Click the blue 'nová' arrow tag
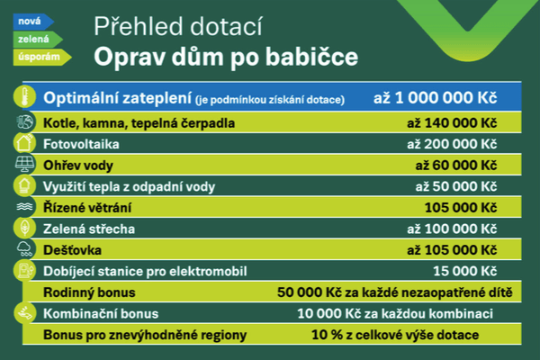pyautogui.click(x=33, y=22)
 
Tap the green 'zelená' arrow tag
pyautogui.click(x=38, y=40)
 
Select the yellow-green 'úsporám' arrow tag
pyautogui.click(x=42, y=57)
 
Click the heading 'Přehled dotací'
pyautogui.click(x=178, y=26)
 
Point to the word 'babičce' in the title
pyautogui.click(x=311, y=57)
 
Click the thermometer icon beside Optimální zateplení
pyautogui.click(x=24, y=97)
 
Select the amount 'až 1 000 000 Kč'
pyautogui.click(x=436, y=98)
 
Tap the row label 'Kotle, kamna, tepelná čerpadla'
pyautogui.click(x=139, y=123)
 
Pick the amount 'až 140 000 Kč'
pyautogui.click(x=452, y=123)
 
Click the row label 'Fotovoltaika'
pyautogui.click(x=81, y=144)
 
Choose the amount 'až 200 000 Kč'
pyautogui.click(x=452, y=144)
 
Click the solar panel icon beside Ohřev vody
pyautogui.click(x=25, y=164)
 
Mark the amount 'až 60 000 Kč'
pyautogui.click(x=456, y=166)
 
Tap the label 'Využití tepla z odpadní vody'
pyautogui.click(x=129, y=186)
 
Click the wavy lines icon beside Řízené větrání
pyautogui.click(x=25, y=207)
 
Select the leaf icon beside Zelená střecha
pyautogui.click(x=25, y=228)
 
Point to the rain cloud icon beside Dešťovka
pyautogui.click(x=25, y=248)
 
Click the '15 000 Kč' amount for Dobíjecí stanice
pyautogui.click(x=465, y=272)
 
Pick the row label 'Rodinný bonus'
pyautogui.click(x=89, y=292)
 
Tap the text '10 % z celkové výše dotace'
pyautogui.click(x=395, y=335)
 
